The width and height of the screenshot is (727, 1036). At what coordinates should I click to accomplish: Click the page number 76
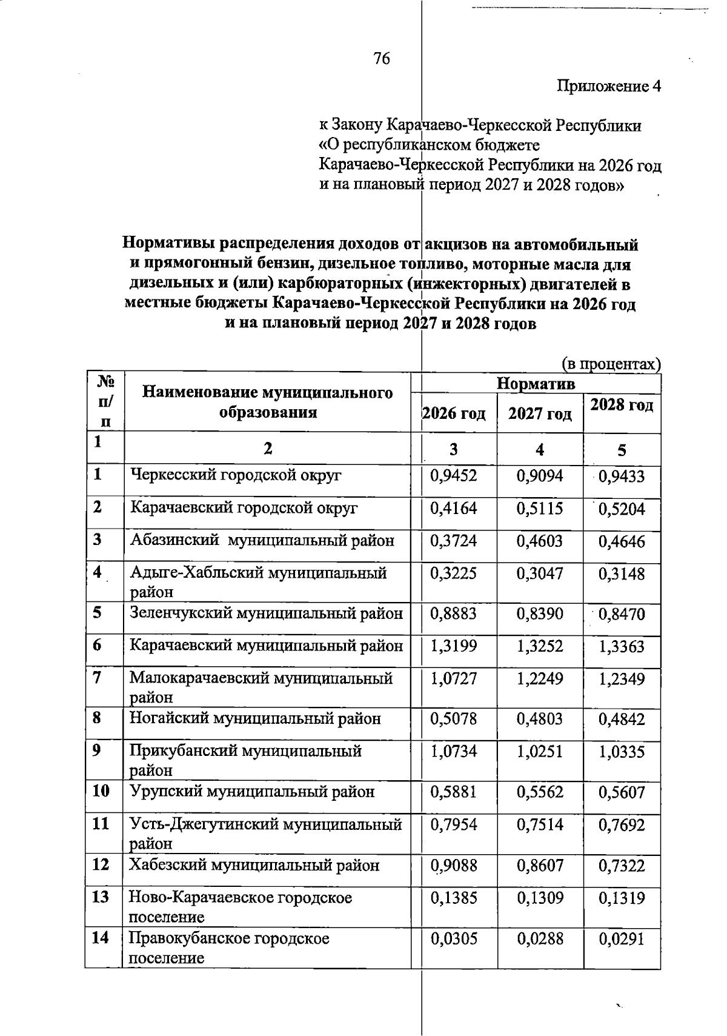[382, 59]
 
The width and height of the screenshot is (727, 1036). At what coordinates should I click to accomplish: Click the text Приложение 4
[608, 87]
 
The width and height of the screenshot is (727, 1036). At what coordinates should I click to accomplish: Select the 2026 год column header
[454, 413]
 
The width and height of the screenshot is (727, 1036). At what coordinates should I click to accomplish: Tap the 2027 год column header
[540, 413]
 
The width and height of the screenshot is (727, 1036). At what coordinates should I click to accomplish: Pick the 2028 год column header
[622, 404]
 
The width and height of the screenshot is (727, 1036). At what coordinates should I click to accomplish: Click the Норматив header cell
[536, 384]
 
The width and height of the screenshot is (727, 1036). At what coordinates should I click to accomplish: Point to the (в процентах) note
[611, 364]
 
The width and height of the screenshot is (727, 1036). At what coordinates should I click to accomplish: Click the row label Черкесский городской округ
[236, 475]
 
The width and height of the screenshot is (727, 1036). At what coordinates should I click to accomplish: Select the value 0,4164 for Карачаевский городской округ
[454, 508]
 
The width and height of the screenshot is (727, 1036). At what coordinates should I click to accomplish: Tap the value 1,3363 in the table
[622, 647]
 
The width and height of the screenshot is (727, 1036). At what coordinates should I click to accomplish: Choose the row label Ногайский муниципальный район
[255, 719]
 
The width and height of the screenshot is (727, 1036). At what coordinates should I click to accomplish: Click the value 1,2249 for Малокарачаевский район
[540, 679]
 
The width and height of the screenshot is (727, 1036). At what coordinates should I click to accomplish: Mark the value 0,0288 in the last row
[540, 939]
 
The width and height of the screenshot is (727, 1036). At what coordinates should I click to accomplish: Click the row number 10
[101, 791]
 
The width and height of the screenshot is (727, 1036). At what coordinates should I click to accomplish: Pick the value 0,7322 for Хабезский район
[622, 866]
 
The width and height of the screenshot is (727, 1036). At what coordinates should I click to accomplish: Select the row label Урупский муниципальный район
[252, 792]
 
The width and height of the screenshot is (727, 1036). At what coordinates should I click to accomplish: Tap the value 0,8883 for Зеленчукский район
[454, 614]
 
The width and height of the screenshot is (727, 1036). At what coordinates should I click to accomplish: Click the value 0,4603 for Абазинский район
[540, 541]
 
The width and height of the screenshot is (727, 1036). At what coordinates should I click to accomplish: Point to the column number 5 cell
[622, 450]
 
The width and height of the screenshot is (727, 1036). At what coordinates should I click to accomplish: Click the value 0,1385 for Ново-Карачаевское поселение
[454, 898]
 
